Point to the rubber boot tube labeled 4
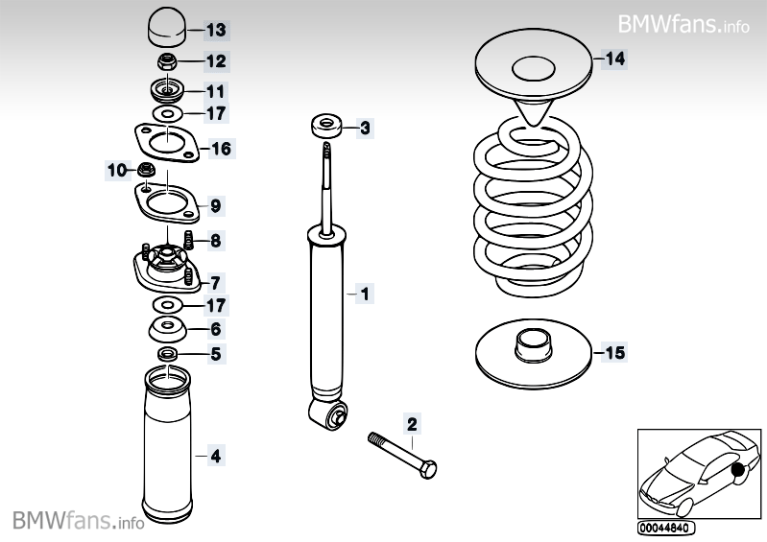(x=165, y=441)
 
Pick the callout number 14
(x=613, y=59)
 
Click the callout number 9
(x=215, y=205)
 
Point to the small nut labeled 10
(x=147, y=171)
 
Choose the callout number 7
(x=215, y=282)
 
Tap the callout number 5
(x=215, y=354)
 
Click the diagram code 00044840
(x=664, y=528)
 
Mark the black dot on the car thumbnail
(x=738, y=470)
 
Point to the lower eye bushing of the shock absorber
(x=330, y=415)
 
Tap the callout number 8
(x=215, y=241)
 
